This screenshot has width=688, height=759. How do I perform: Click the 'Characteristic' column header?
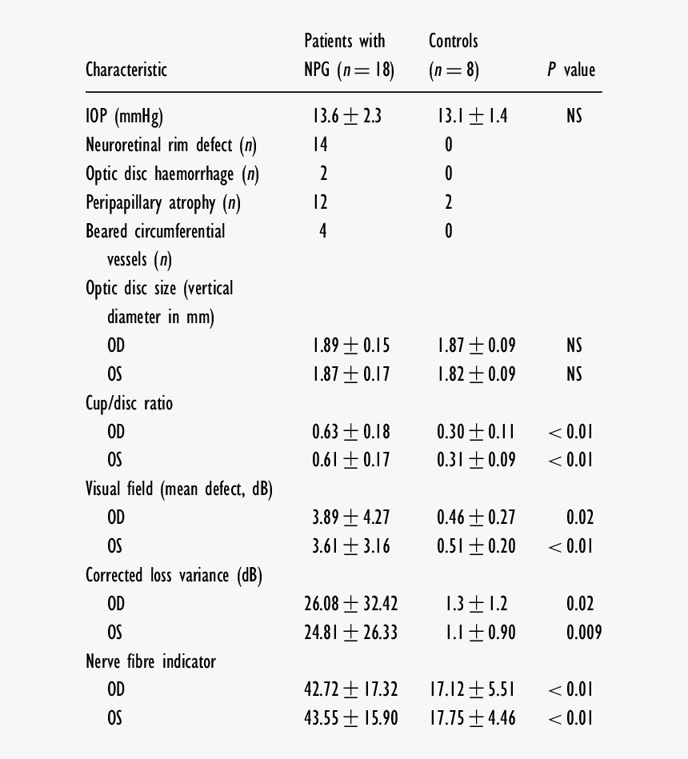click(126, 70)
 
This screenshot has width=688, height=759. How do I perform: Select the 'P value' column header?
click(571, 70)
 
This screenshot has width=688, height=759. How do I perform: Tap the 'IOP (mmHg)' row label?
click(124, 117)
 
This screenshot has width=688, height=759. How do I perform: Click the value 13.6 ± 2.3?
click(347, 117)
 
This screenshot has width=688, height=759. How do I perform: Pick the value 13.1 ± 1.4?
click(472, 117)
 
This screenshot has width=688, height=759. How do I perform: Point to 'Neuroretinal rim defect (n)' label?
click(171, 146)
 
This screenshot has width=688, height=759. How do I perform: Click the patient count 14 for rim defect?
click(320, 145)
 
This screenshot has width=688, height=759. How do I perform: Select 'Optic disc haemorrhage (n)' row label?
click(172, 174)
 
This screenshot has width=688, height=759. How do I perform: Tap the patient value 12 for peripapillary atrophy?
click(320, 202)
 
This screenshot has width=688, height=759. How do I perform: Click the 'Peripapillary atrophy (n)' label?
click(163, 203)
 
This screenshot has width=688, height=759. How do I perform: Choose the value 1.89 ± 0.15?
click(350, 346)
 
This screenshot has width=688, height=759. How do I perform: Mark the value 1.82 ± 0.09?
click(476, 374)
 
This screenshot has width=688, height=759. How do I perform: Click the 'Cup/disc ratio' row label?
click(129, 403)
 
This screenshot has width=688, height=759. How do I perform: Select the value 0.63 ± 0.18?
click(350, 432)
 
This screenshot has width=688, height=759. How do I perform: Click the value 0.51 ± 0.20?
click(476, 546)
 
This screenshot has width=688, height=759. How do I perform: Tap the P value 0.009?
click(584, 633)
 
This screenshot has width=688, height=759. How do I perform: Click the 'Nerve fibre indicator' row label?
click(150, 661)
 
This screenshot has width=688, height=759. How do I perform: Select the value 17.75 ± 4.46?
click(472, 718)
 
